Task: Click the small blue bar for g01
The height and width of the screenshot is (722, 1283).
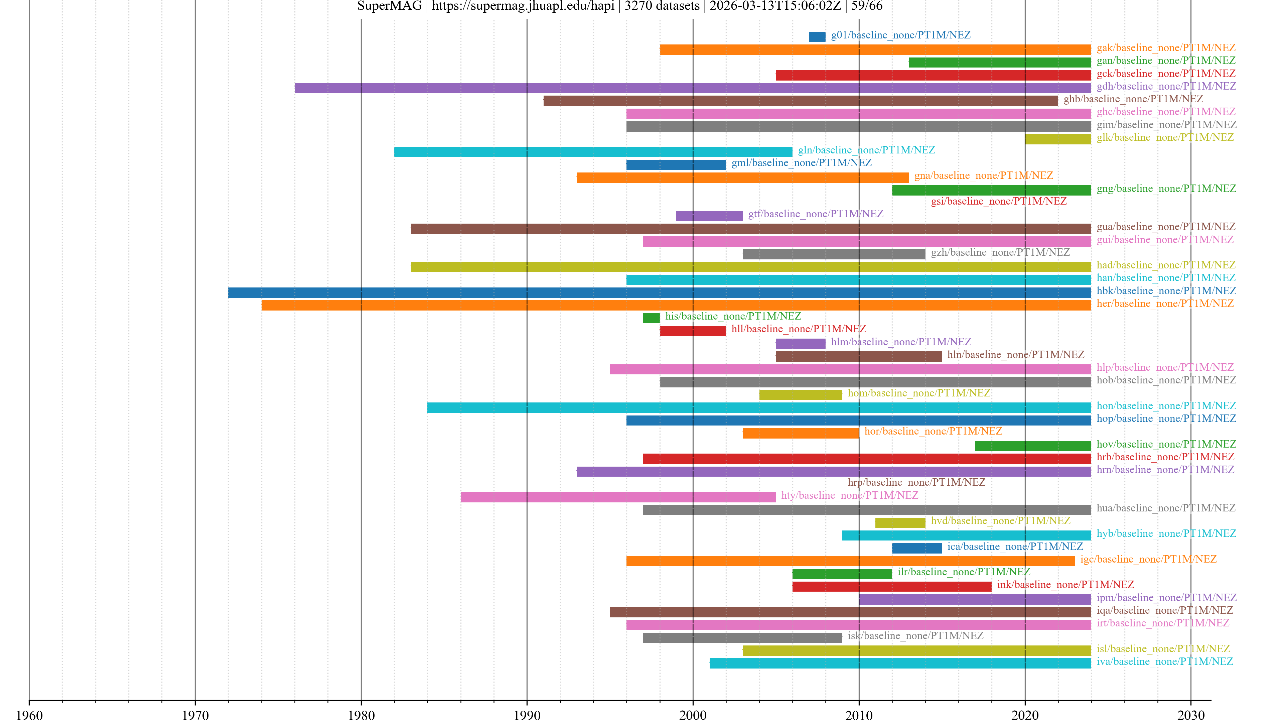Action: [x=817, y=37]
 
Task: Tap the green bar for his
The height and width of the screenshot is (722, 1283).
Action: [x=651, y=318]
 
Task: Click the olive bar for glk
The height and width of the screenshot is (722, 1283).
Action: [x=1057, y=139]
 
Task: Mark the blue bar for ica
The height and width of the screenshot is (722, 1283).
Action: [x=916, y=548]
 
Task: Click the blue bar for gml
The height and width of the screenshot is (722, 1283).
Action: [x=676, y=165]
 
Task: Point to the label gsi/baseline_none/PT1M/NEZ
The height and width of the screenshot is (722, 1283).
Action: [x=999, y=201]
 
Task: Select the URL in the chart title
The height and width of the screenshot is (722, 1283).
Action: [x=523, y=6]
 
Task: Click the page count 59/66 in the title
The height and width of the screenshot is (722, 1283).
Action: [x=867, y=6]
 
